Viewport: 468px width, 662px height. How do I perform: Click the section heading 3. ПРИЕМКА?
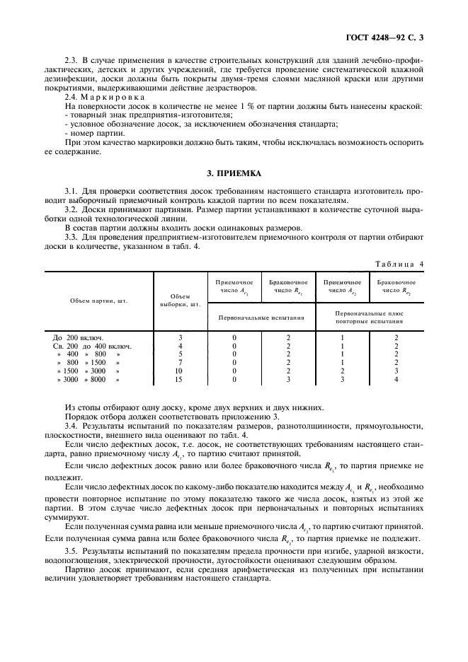point(234,173)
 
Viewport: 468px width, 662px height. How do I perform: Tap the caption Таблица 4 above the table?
point(399,264)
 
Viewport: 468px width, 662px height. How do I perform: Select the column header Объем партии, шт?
point(99,301)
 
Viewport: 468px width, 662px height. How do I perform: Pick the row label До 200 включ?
point(79,337)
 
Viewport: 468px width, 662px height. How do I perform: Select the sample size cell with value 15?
point(179,380)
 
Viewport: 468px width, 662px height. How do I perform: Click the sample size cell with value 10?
point(179,371)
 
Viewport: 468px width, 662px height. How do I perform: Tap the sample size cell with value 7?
point(179,363)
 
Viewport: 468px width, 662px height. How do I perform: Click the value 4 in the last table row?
point(396,380)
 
